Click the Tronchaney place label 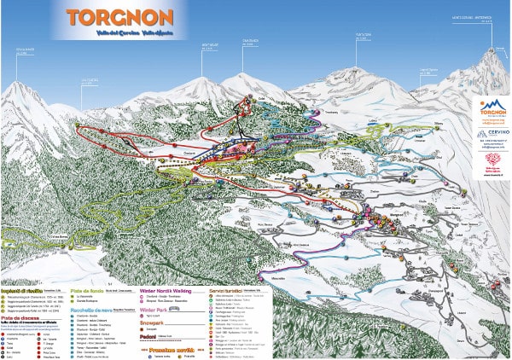329,112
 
